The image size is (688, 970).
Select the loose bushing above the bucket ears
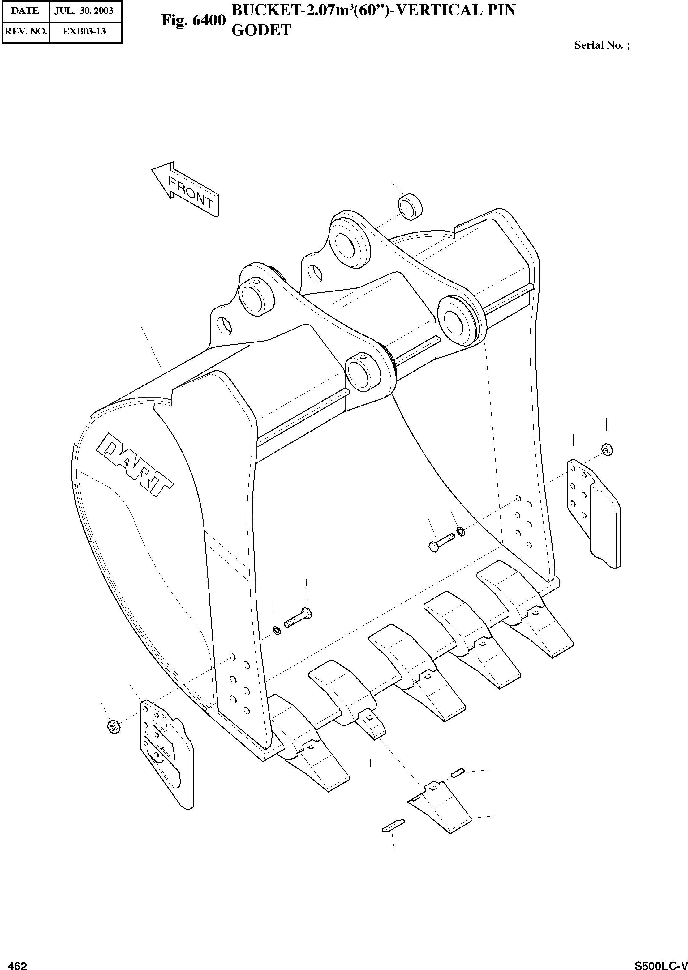coord(410,206)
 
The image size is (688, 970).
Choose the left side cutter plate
coord(166,751)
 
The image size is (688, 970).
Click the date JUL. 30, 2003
coord(84,11)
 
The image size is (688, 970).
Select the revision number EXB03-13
coord(84,31)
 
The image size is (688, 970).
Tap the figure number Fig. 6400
coord(193,20)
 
